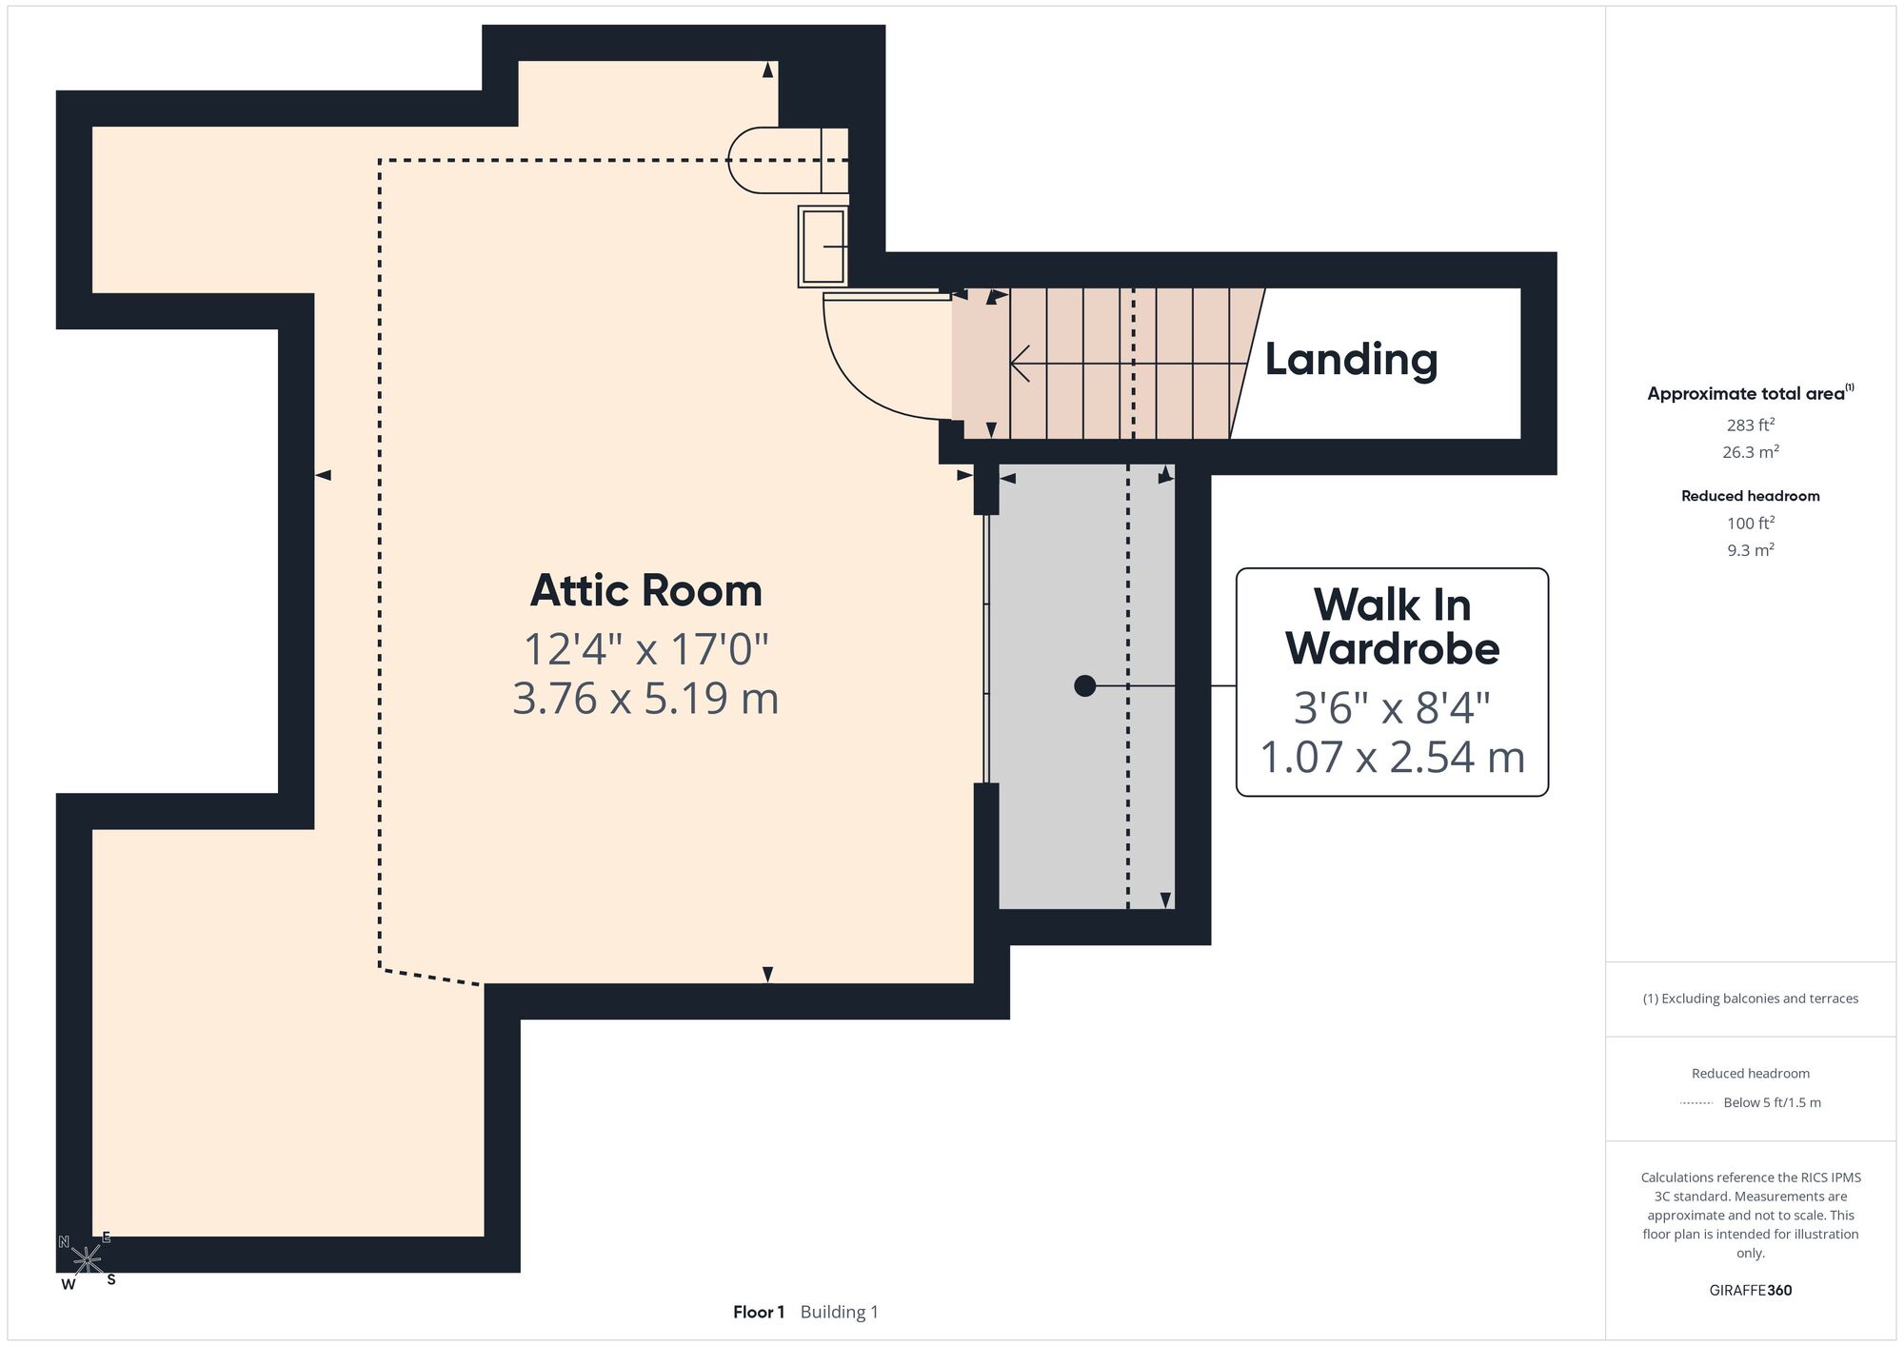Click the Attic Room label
[x=645, y=590]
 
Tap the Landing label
[x=1351, y=359]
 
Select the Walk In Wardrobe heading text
[x=1392, y=626]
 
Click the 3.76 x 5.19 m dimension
[x=645, y=698]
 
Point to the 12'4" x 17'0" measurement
[x=645, y=649]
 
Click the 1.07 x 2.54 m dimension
[x=1392, y=757]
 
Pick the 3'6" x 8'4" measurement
[x=1392, y=707]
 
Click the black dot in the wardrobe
[x=1084, y=685]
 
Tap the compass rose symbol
[x=87, y=1260]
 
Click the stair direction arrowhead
[x=1020, y=364]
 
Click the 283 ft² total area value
[x=1750, y=425]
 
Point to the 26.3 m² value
[x=1750, y=451]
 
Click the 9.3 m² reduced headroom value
[x=1750, y=549]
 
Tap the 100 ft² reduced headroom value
[x=1750, y=523]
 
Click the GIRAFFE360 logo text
[x=1750, y=1290]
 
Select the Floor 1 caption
[x=758, y=1312]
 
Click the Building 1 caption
[x=839, y=1312]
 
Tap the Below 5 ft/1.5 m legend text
[x=1772, y=1102]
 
